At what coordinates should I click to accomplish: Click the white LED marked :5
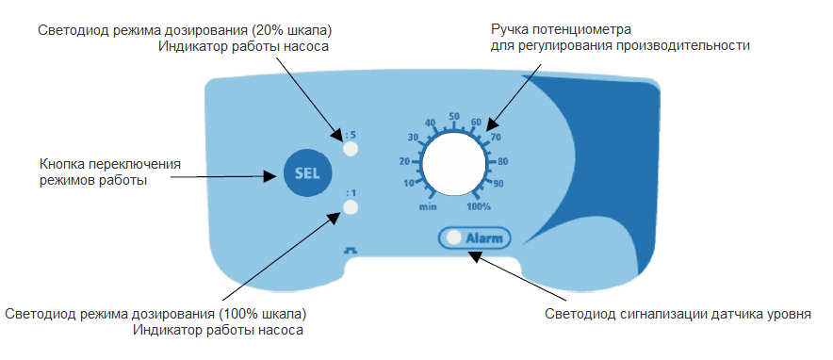pyautogui.click(x=351, y=149)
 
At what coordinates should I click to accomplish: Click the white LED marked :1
pyautogui.click(x=351, y=207)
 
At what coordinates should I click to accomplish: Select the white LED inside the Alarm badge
pyautogui.click(x=454, y=237)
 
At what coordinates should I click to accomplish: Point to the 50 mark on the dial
pyautogui.click(x=453, y=117)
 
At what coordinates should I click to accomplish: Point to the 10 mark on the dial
pyautogui.click(x=408, y=184)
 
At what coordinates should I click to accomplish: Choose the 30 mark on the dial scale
pyautogui.click(x=412, y=138)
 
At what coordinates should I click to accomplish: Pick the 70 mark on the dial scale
pyautogui.click(x=494, y=138)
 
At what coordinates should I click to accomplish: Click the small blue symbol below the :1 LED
pyautogui.click(x=351, y=250)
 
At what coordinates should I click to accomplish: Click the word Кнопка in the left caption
pyautogui.click(x=64, y=161)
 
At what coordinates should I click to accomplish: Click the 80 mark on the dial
pyautogui.click(x=502, y=160)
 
